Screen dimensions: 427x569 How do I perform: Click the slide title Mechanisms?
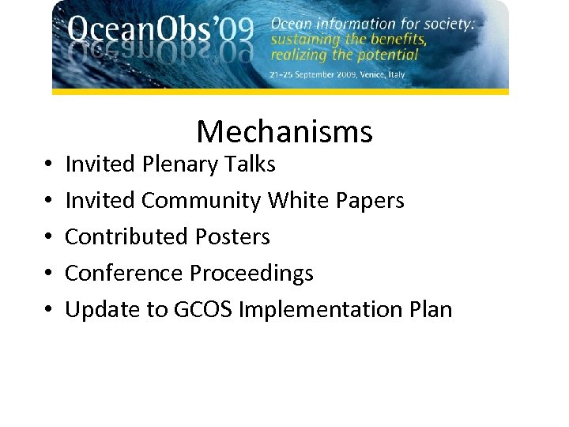284,131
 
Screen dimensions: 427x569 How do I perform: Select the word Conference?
124,274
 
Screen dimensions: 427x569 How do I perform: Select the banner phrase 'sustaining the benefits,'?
349,40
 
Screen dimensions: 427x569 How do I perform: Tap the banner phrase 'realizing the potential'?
344,55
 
